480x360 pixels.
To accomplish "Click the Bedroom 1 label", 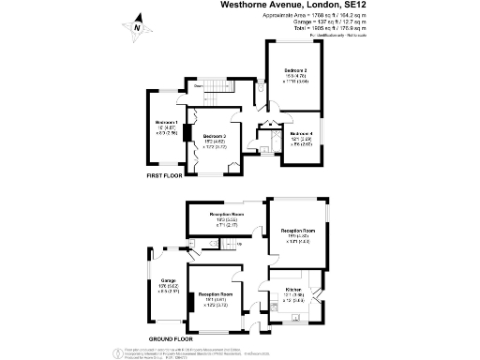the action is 164,124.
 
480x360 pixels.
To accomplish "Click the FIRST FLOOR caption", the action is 164,176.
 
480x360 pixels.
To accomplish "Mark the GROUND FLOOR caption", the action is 170,337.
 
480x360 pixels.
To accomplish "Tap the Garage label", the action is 168,280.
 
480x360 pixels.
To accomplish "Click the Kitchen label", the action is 293,289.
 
